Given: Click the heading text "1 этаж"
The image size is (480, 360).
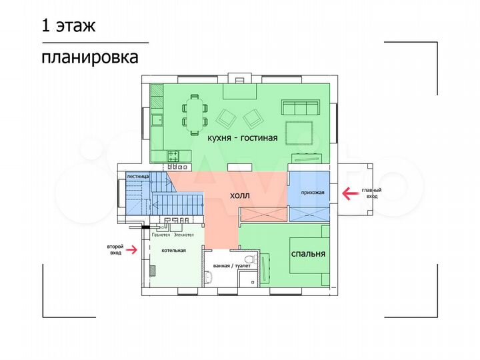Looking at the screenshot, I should point(69,27).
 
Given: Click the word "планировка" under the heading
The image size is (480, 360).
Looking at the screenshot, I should point(90,57).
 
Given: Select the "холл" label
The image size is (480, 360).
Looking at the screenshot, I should point(239,197).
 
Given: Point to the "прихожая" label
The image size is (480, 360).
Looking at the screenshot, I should point(312,193).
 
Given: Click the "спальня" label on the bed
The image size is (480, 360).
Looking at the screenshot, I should point(308,254).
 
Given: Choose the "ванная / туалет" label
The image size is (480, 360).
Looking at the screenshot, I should point(231,265).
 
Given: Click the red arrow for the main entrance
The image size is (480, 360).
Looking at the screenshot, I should point(351,193).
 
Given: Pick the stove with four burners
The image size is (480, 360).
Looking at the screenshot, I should point(173,156).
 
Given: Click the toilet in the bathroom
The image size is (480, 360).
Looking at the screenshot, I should point(248,259).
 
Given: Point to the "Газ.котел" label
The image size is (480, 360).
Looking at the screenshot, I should point(161,235).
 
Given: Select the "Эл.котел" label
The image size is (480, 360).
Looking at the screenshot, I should point(183,235).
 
